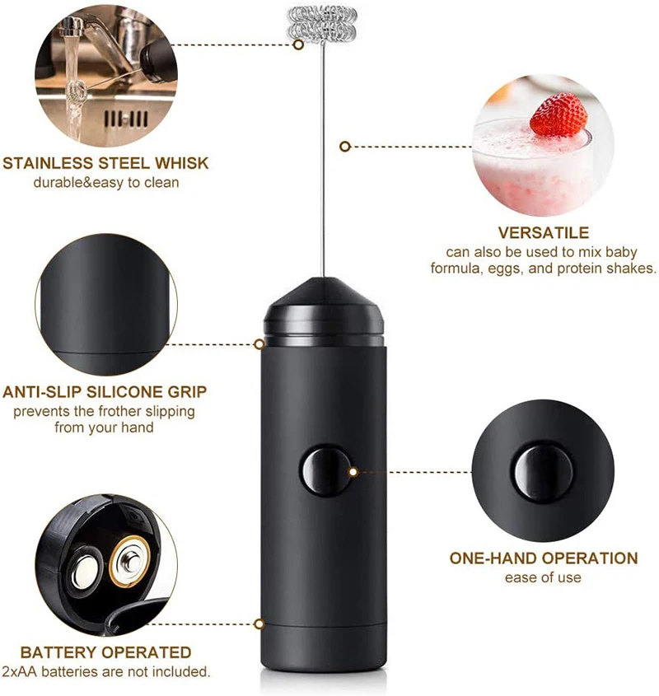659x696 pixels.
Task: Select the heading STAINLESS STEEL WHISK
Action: click(105, 163)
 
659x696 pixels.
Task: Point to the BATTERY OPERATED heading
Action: click(105, 652)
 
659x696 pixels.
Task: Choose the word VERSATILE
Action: click(543, 233)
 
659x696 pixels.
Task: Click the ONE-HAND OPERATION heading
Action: click(543, 558)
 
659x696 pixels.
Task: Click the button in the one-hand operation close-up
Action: click(544, 473)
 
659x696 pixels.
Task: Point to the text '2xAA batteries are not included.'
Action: click(105, 671)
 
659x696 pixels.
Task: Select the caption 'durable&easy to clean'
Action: click(105, 182)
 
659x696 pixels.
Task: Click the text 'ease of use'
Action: click(543, 577)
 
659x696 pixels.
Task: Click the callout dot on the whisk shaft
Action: click(345, 146)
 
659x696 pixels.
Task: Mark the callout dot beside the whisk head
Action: click(298, 45)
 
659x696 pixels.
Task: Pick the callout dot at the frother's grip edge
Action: click(259, 344)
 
